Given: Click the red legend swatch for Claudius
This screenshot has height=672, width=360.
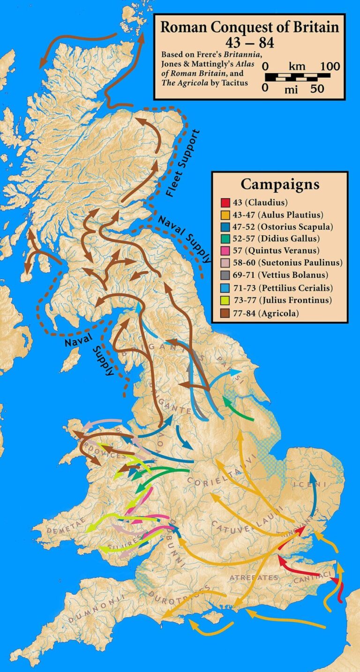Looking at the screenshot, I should click(225, 203).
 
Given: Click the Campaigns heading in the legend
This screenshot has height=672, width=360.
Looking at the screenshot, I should click(280, 184).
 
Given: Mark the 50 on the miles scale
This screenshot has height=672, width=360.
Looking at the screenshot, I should click(317, 88).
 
